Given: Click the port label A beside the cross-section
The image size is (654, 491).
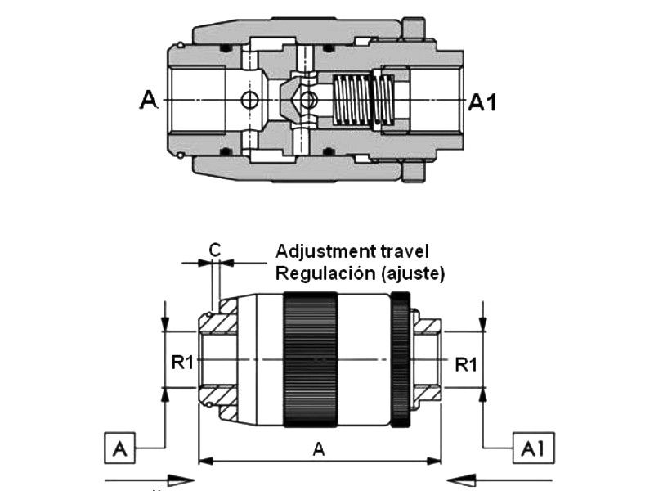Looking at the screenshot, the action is click(149, 100).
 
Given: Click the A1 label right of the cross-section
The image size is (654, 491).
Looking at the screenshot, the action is click(482, 103).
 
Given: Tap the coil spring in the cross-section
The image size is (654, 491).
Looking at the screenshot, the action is click(363, 100).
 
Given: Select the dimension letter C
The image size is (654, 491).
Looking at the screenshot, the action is click(214, 250).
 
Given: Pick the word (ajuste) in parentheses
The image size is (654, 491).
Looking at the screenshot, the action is click(413, 274).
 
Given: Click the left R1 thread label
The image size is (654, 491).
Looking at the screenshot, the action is click(182, 363).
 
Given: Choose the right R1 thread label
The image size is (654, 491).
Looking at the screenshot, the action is click(465, 364).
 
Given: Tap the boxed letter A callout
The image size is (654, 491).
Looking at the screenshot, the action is click(119, 448).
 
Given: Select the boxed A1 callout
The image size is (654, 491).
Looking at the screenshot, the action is click(534, 448).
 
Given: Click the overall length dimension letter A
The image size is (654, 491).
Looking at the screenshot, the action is click(318, 449).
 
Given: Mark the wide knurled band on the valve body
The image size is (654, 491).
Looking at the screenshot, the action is click(311, 359).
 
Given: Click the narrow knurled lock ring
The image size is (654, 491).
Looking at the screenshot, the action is click(401, 359).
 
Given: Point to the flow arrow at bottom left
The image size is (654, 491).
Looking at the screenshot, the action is click(150, 481).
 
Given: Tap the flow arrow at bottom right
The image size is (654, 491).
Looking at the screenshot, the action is click(499, 481).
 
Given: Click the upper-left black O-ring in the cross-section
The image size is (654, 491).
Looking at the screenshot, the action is click(226, 49).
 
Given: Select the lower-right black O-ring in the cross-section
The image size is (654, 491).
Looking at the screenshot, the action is click(329, 151).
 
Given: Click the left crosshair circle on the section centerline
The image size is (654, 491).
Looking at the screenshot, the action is click(250, 100).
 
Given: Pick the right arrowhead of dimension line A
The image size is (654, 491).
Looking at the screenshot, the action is click(435, 461).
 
